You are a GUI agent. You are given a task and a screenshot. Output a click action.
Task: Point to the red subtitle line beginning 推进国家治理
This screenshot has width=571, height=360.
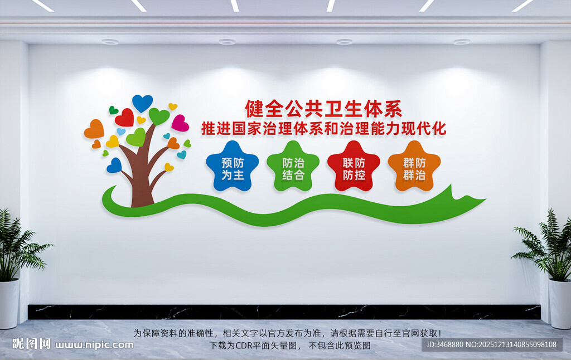pos(323,129)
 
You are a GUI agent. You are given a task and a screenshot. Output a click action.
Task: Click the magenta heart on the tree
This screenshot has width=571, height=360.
pos(180,123)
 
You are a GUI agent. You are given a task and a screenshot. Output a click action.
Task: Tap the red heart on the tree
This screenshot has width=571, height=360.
pos(125,118)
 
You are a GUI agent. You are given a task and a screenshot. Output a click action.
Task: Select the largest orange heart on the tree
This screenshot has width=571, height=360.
pos(94,129)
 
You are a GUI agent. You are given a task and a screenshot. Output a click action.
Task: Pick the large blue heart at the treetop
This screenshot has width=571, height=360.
pos(142,103)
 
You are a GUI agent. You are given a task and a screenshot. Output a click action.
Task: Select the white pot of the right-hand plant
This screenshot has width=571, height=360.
pos(560,304)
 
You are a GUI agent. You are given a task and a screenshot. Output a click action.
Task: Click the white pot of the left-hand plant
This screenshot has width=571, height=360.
pos(9,304)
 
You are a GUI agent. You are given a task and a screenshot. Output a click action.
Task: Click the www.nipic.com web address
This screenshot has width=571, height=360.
pos(95,344)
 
